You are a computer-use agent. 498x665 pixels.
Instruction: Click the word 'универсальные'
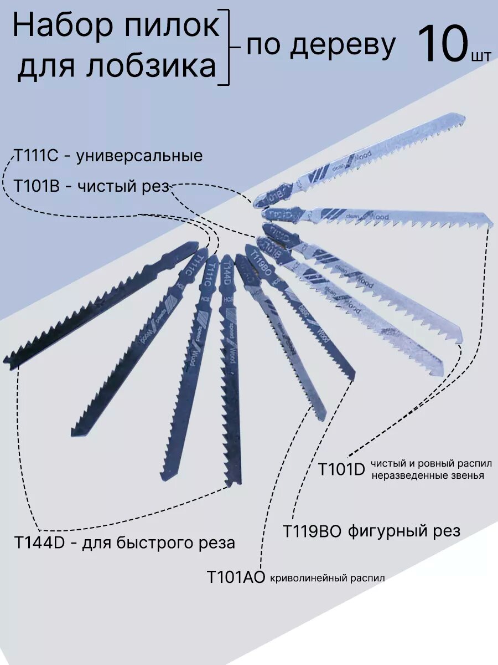pos(139,156)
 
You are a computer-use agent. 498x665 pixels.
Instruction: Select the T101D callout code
pos(341,469)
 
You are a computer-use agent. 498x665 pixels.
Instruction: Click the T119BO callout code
pos(312,530)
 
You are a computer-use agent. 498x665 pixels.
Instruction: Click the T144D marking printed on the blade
pos(226,274)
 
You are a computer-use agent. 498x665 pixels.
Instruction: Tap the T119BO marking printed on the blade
pos(260,263)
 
